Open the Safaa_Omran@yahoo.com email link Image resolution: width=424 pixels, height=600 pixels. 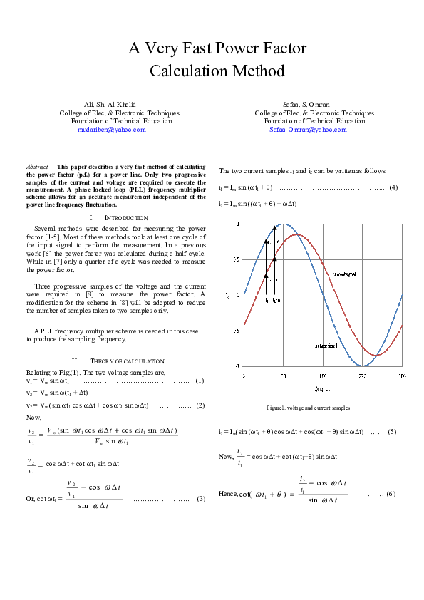coord(308,130)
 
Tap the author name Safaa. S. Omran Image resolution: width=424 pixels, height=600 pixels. coord(306,104)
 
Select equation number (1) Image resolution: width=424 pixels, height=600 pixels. coord(200,381)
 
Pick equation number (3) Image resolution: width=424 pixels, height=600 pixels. coord(201,499)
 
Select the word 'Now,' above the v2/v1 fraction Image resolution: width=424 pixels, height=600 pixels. coord(33,417)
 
